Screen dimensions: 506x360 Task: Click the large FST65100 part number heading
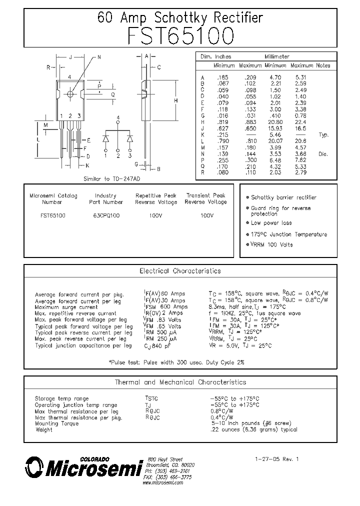pyautogui.click(x=180, y=36)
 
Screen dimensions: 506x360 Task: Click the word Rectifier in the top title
pyautogui.click(x=238, y=17)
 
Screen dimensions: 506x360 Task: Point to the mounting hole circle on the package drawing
pyautogui.click(x=70, y=93)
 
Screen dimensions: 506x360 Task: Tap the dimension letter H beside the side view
pyautogui.click(x=176, y=100)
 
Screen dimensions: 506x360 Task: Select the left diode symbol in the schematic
pyautogui.click(x=106, y=138)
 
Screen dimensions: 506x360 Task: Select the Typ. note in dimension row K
pyautogui.click(x=323, y=135)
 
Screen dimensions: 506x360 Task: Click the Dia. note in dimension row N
pyautogui.click(x=323, y=154)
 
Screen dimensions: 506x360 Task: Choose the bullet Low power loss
pyautogui.click(x=271, y=223)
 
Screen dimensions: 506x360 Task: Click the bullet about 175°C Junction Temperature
pyautogui.click(x=288, y=234)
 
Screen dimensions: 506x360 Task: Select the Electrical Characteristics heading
pyautogui.click(x=180, y=271)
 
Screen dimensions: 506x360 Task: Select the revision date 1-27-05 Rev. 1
pyautogui.click(x=276, y=458)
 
